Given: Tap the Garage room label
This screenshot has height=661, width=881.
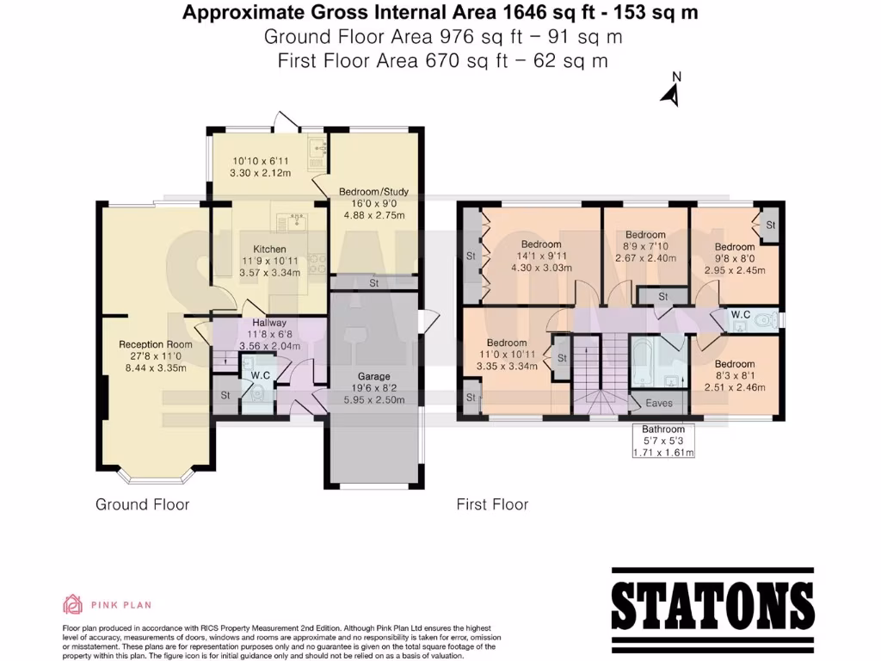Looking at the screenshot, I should tap(374, 376).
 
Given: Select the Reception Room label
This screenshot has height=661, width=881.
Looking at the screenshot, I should tap(156, 344).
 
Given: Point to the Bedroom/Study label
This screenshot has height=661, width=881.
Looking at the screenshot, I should tap(373, 191).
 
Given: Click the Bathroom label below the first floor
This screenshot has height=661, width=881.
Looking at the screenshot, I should tap(663, 429).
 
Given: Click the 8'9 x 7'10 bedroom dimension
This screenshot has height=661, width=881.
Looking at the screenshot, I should tap(645, 246).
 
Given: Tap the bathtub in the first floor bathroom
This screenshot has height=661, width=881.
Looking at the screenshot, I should tap(643, 361).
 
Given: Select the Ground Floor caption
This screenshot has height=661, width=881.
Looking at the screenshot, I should tap(142, 504).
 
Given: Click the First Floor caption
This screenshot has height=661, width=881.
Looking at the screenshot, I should tap(492, 504).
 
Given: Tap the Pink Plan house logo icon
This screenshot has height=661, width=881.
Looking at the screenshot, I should tap(72, 604).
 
